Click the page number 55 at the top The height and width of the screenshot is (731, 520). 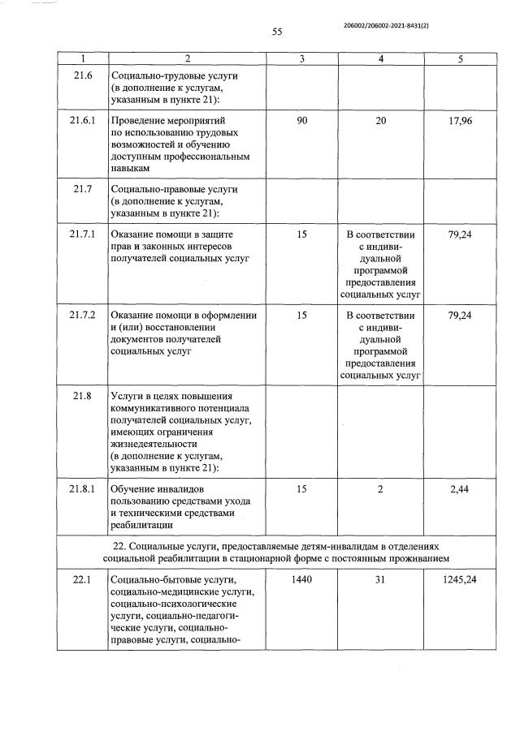(x=276, y=32)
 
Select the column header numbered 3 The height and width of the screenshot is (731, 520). (x=301, y=58)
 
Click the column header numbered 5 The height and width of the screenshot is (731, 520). (x=460, y=58)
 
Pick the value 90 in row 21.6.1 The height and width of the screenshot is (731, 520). (x=301, y=121)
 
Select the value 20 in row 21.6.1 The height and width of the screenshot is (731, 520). (x=381, y=121)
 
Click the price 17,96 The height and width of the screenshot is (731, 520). (x=460, y=121)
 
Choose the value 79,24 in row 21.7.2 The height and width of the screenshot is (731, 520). (x=460, y=316)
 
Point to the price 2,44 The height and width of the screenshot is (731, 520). (x=460, y=490)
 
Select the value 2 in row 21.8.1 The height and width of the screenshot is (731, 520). (x=381, y=490)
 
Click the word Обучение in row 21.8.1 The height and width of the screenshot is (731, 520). (x=134, y=490)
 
